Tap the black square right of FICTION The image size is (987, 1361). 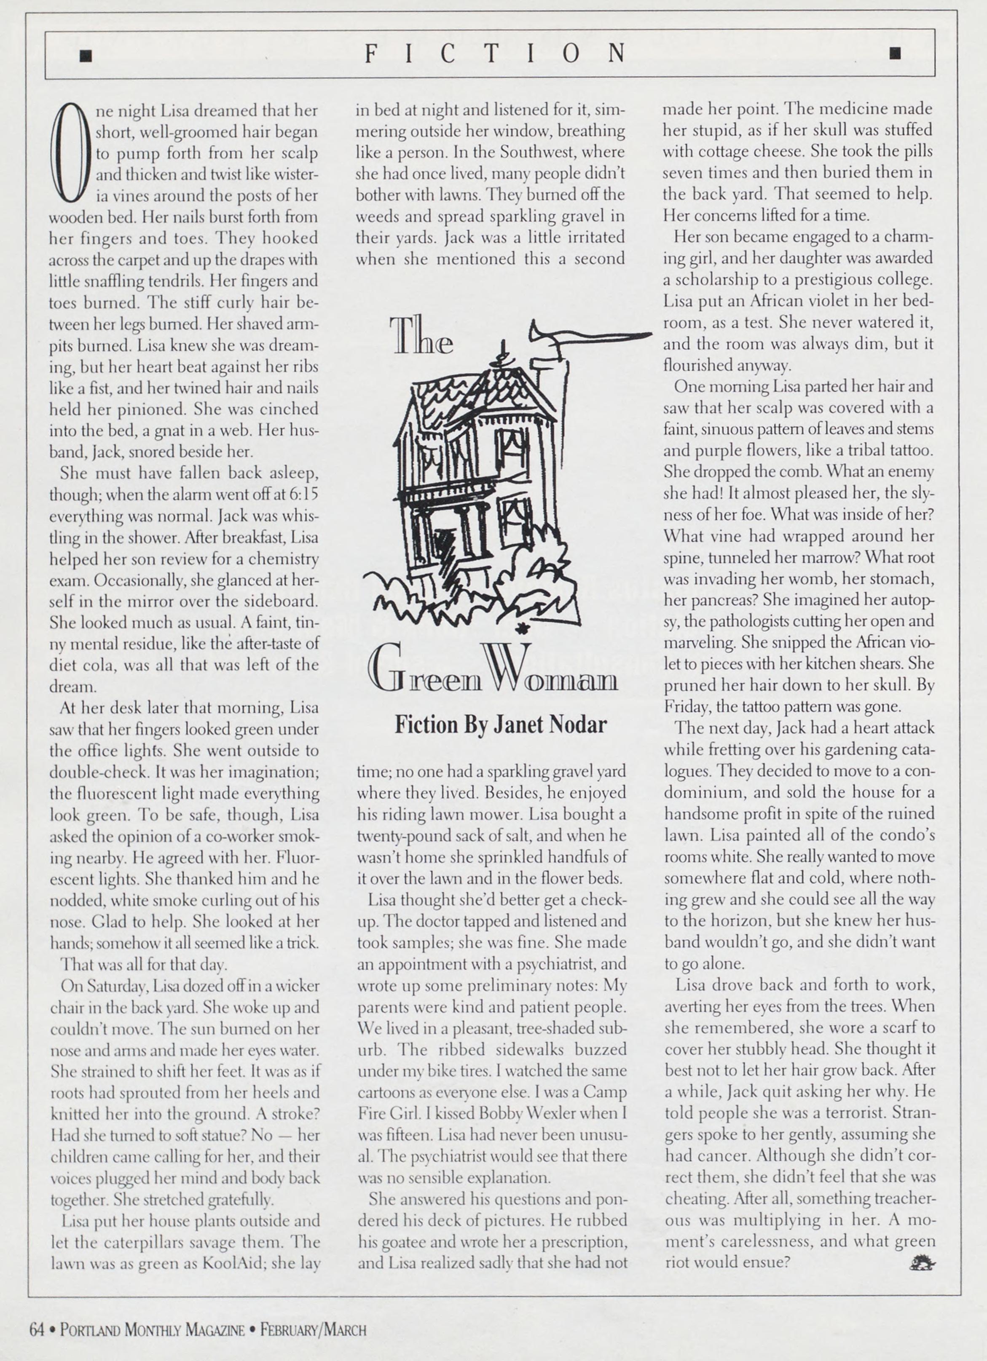tap(895, 54)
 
